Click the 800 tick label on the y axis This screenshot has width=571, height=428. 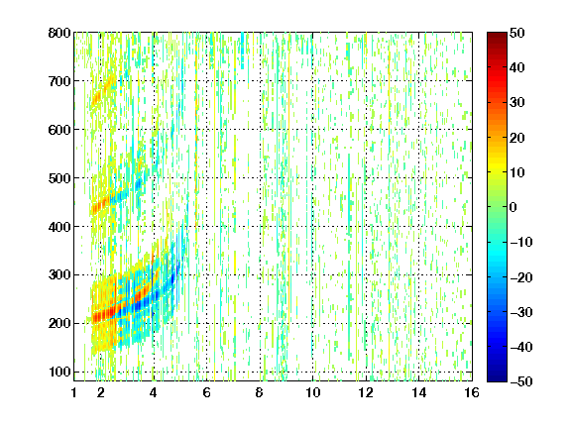[59, 33]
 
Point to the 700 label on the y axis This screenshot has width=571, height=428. [59, 81]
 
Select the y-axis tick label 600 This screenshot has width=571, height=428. [59, 130]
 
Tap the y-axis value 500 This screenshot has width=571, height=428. [59, 178]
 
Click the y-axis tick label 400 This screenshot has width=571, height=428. [59, 227]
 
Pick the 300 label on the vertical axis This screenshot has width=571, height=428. [59, 274]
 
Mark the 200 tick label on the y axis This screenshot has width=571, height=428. [59, 323]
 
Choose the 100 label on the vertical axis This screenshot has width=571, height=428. [59, 372]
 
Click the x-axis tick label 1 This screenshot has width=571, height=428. [74, 392]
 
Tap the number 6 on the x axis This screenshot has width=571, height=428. [206, 392]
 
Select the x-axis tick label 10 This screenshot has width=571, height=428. [313, 392]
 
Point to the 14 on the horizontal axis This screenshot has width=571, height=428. [419, 392]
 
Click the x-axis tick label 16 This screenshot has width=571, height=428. [472, 392]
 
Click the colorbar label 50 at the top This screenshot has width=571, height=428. [517, 33]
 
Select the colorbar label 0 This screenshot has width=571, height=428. [514, 207]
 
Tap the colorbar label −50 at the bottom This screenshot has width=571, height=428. [521, 381]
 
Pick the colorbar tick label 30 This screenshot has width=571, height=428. [517, 103]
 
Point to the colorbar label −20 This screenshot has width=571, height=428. [521, 277]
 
